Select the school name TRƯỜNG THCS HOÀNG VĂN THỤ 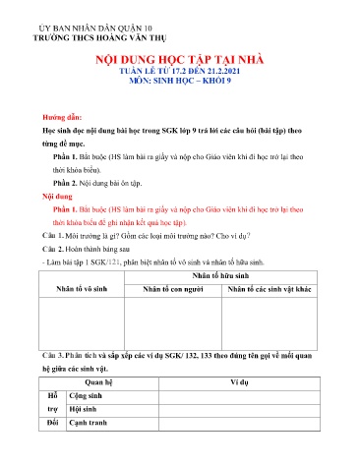(89, 31)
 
